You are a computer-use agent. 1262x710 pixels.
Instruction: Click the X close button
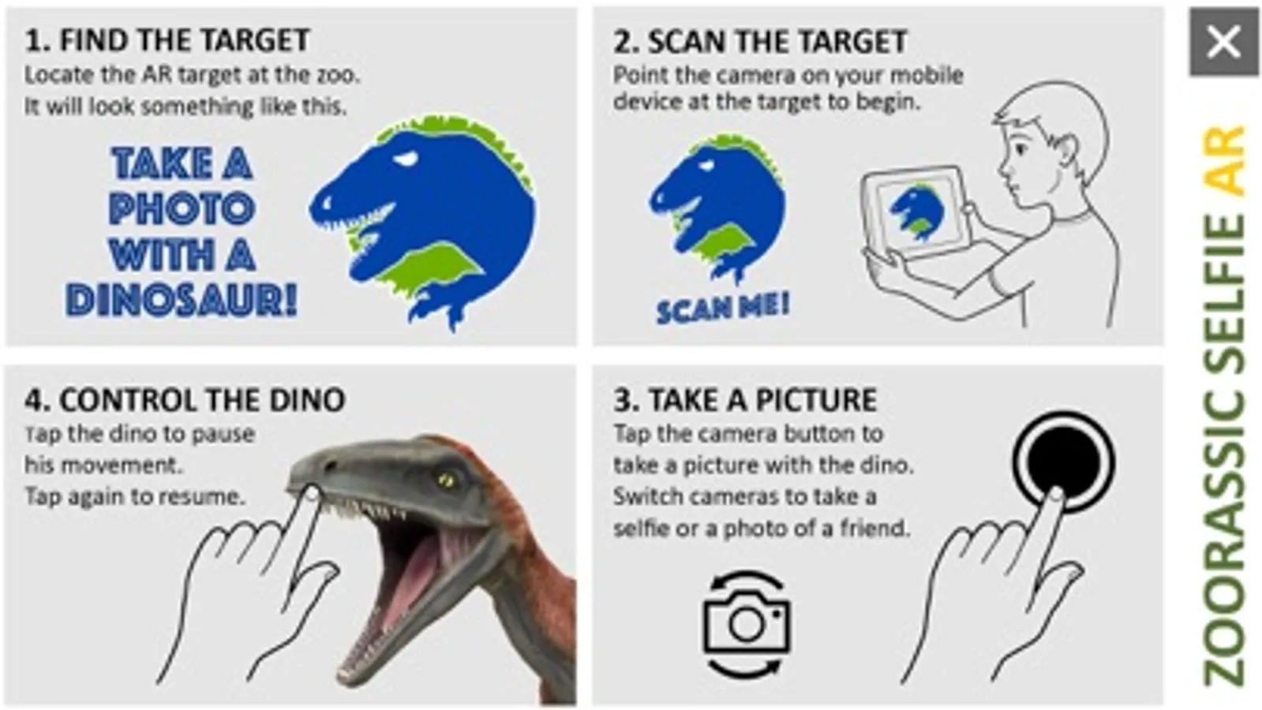(1223, 42)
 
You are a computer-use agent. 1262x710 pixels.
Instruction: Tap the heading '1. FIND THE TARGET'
(167, 40)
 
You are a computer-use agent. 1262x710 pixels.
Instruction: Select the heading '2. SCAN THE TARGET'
(760, 41)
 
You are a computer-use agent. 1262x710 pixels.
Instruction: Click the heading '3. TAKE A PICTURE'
(745, 400)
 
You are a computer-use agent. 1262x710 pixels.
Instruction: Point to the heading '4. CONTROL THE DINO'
(184, 400)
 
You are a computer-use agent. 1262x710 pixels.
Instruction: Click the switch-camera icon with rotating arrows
(747, 623)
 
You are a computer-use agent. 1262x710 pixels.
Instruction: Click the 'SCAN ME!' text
(723, 308)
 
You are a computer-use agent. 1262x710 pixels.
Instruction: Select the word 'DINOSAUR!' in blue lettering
(181, 300)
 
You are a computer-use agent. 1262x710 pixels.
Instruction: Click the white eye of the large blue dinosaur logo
(406, 159)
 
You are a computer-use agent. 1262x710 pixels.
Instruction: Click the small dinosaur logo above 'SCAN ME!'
(717, 206)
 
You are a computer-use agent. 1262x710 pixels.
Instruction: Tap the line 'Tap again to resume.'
(135, 497)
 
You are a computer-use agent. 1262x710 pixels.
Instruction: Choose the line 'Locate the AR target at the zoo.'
(192, 75)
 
